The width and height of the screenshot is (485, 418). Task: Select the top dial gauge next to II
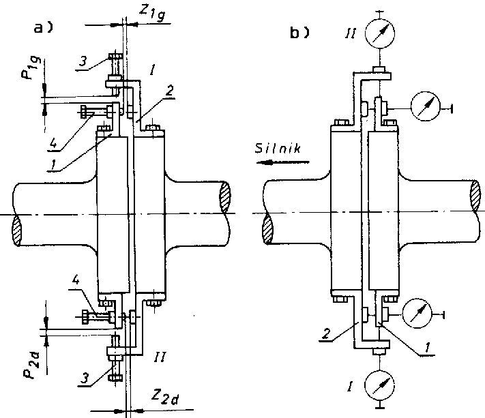click(380, 33)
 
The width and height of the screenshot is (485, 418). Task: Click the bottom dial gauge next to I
click(380, 387)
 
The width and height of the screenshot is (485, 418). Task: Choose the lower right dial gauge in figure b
click(417, 314)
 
